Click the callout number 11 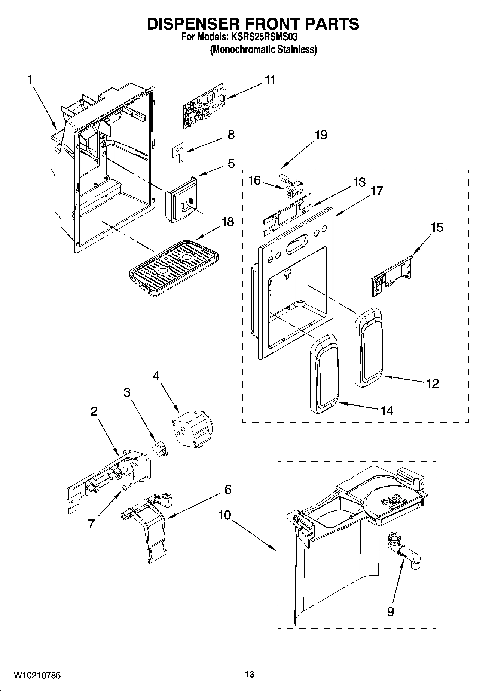(x=270, y=80)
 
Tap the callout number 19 (x=321, y=135)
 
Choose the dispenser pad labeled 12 (x=369, y=348)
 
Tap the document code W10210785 (x=37, y=675)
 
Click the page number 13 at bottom (x=250, y=674)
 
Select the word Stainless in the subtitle (x=298, y=49)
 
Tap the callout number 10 (x=225, y=515)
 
